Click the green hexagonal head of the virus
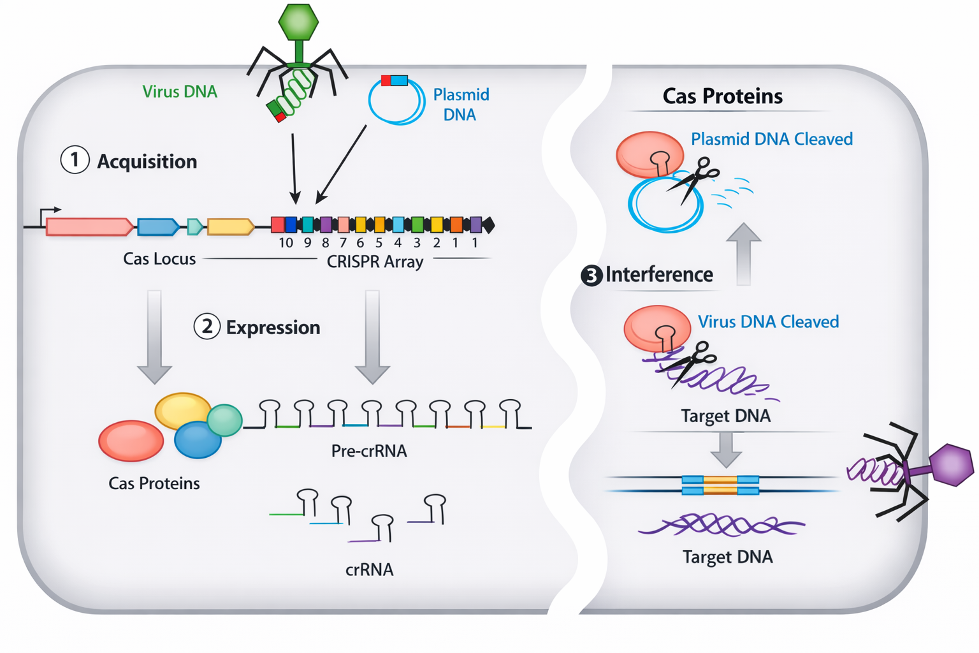298,22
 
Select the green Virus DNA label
180,92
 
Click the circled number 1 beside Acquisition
75,160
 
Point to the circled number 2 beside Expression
207,326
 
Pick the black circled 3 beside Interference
591,275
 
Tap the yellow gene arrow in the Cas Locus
230,226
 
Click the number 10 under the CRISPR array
286,243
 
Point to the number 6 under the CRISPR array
360,243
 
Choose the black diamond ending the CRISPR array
488,224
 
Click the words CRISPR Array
375,261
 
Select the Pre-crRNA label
369,451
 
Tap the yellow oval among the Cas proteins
182,411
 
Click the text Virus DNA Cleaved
768,321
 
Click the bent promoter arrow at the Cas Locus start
50,213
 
